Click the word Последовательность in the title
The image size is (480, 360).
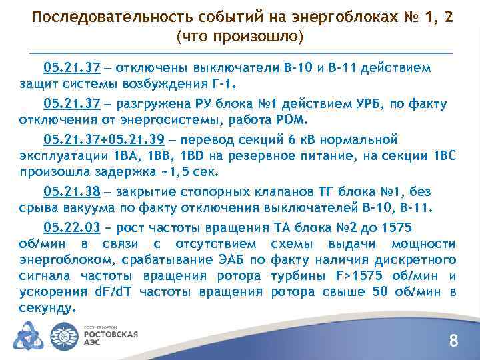coord(99,17)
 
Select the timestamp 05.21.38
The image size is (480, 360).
coord(71,191)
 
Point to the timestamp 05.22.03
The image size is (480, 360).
coord(71,226)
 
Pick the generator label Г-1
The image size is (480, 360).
coord(223,85)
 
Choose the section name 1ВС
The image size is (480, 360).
coord(441,157)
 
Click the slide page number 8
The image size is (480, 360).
coord(453,342)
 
